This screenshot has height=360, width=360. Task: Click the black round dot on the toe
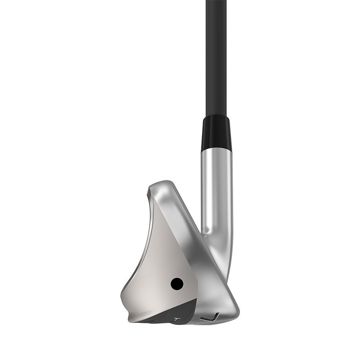pyautogui.click(x=177, y=283)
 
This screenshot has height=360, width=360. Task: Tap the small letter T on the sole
pyautogui.click(x=177, y=319)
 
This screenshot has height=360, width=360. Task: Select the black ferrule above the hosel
pyautogui.click(x=216, y=133)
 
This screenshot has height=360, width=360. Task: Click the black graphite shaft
pyautogui.click(x=216, y=58)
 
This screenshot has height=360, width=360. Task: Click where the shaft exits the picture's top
pyautogui.click(x=216, y=1)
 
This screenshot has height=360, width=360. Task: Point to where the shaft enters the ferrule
pyautogui.click(x=216, y=117)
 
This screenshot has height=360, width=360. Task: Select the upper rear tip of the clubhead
pyautogui.click(x=149, y=191)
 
